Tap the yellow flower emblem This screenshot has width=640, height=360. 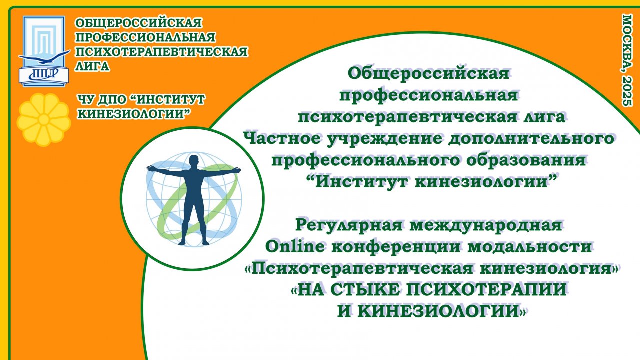click(44, 119)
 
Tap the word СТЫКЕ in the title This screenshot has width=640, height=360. click(360, 290)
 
